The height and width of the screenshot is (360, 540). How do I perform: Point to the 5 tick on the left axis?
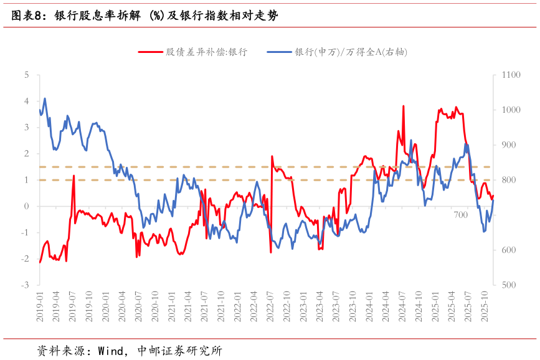(27, 75)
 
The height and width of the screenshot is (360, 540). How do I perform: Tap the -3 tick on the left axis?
(26, 285)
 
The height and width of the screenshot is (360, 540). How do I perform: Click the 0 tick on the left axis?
(27, 206)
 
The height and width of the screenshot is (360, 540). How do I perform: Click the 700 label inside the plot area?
(461, 215)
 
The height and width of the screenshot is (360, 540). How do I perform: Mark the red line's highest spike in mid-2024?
(404, 107)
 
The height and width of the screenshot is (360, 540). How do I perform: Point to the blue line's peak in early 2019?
(45, 98)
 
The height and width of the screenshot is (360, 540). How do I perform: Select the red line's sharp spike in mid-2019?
(74, 176)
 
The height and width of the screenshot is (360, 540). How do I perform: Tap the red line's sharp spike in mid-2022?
(272, 156)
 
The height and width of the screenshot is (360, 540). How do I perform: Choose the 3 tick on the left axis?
(27, 128)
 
